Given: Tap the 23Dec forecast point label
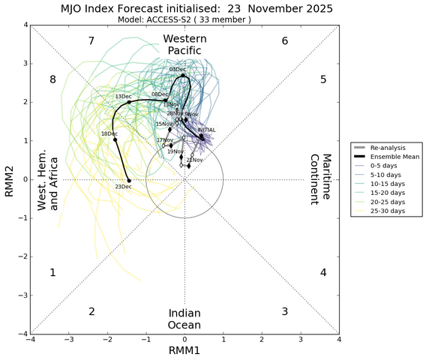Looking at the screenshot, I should point(124,187).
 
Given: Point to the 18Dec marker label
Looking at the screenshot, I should point(109,133).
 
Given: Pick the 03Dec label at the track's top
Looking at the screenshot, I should point(177,70).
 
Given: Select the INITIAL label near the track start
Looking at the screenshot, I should point(206,130).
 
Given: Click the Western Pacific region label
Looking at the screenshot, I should point(184,44).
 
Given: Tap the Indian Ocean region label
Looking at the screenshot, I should point(184,319).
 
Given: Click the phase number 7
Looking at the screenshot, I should point(91,40).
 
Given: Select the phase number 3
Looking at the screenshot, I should point(284,311).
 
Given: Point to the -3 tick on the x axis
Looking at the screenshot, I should point(69,340).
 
